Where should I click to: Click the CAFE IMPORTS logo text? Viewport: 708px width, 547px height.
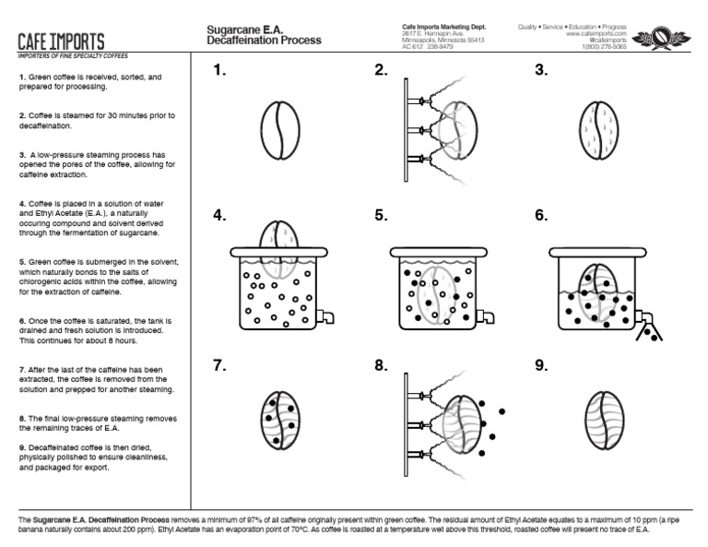click(x=61, y=42)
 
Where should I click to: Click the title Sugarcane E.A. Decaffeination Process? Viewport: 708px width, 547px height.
click(x=264, y=36)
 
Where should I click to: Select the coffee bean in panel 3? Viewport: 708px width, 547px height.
click(x=599, y=135)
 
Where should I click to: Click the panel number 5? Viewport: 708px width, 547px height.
click(x=381, y=216)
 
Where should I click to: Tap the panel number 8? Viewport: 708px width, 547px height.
click(x=381, y=366)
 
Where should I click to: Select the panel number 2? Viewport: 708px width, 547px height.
click(x=381, y=71)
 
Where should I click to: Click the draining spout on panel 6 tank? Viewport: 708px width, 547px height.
click(x=645, y=317)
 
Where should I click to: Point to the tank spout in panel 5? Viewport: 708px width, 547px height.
click(x=485, y=316)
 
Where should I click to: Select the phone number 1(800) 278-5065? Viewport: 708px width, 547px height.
click(x=603, y=47)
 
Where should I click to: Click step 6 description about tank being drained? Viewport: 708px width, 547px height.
click(x=96, y=330)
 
